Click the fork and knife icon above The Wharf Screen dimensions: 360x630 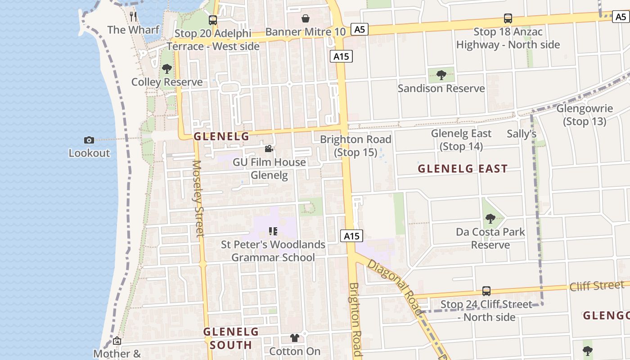(133, 17)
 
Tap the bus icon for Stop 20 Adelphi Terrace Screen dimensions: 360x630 (213, 20)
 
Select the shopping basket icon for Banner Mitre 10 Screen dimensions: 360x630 (306, 18)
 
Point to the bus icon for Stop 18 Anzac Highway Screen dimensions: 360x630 (508, 18)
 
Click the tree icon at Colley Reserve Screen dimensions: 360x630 (167, 69)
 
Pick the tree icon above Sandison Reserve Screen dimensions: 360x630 (441, 75)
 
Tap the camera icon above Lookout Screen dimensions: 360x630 (89, 140)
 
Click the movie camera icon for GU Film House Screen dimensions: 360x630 (269, 149)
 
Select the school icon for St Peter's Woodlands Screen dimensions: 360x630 (273, 231)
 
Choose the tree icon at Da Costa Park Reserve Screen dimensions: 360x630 (490, 219)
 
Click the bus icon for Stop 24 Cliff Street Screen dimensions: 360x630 (486, 291)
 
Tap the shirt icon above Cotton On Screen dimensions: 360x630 (295, 338)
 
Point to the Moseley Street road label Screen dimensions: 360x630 (198, 198)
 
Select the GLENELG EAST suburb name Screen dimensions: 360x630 (463, 169)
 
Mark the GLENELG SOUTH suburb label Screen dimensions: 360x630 (231, 338)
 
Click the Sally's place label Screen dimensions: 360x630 (522, 134)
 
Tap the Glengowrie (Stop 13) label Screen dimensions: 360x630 (585, 115)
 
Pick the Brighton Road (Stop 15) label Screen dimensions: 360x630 (355, 146)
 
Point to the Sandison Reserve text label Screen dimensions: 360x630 (441, 88)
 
